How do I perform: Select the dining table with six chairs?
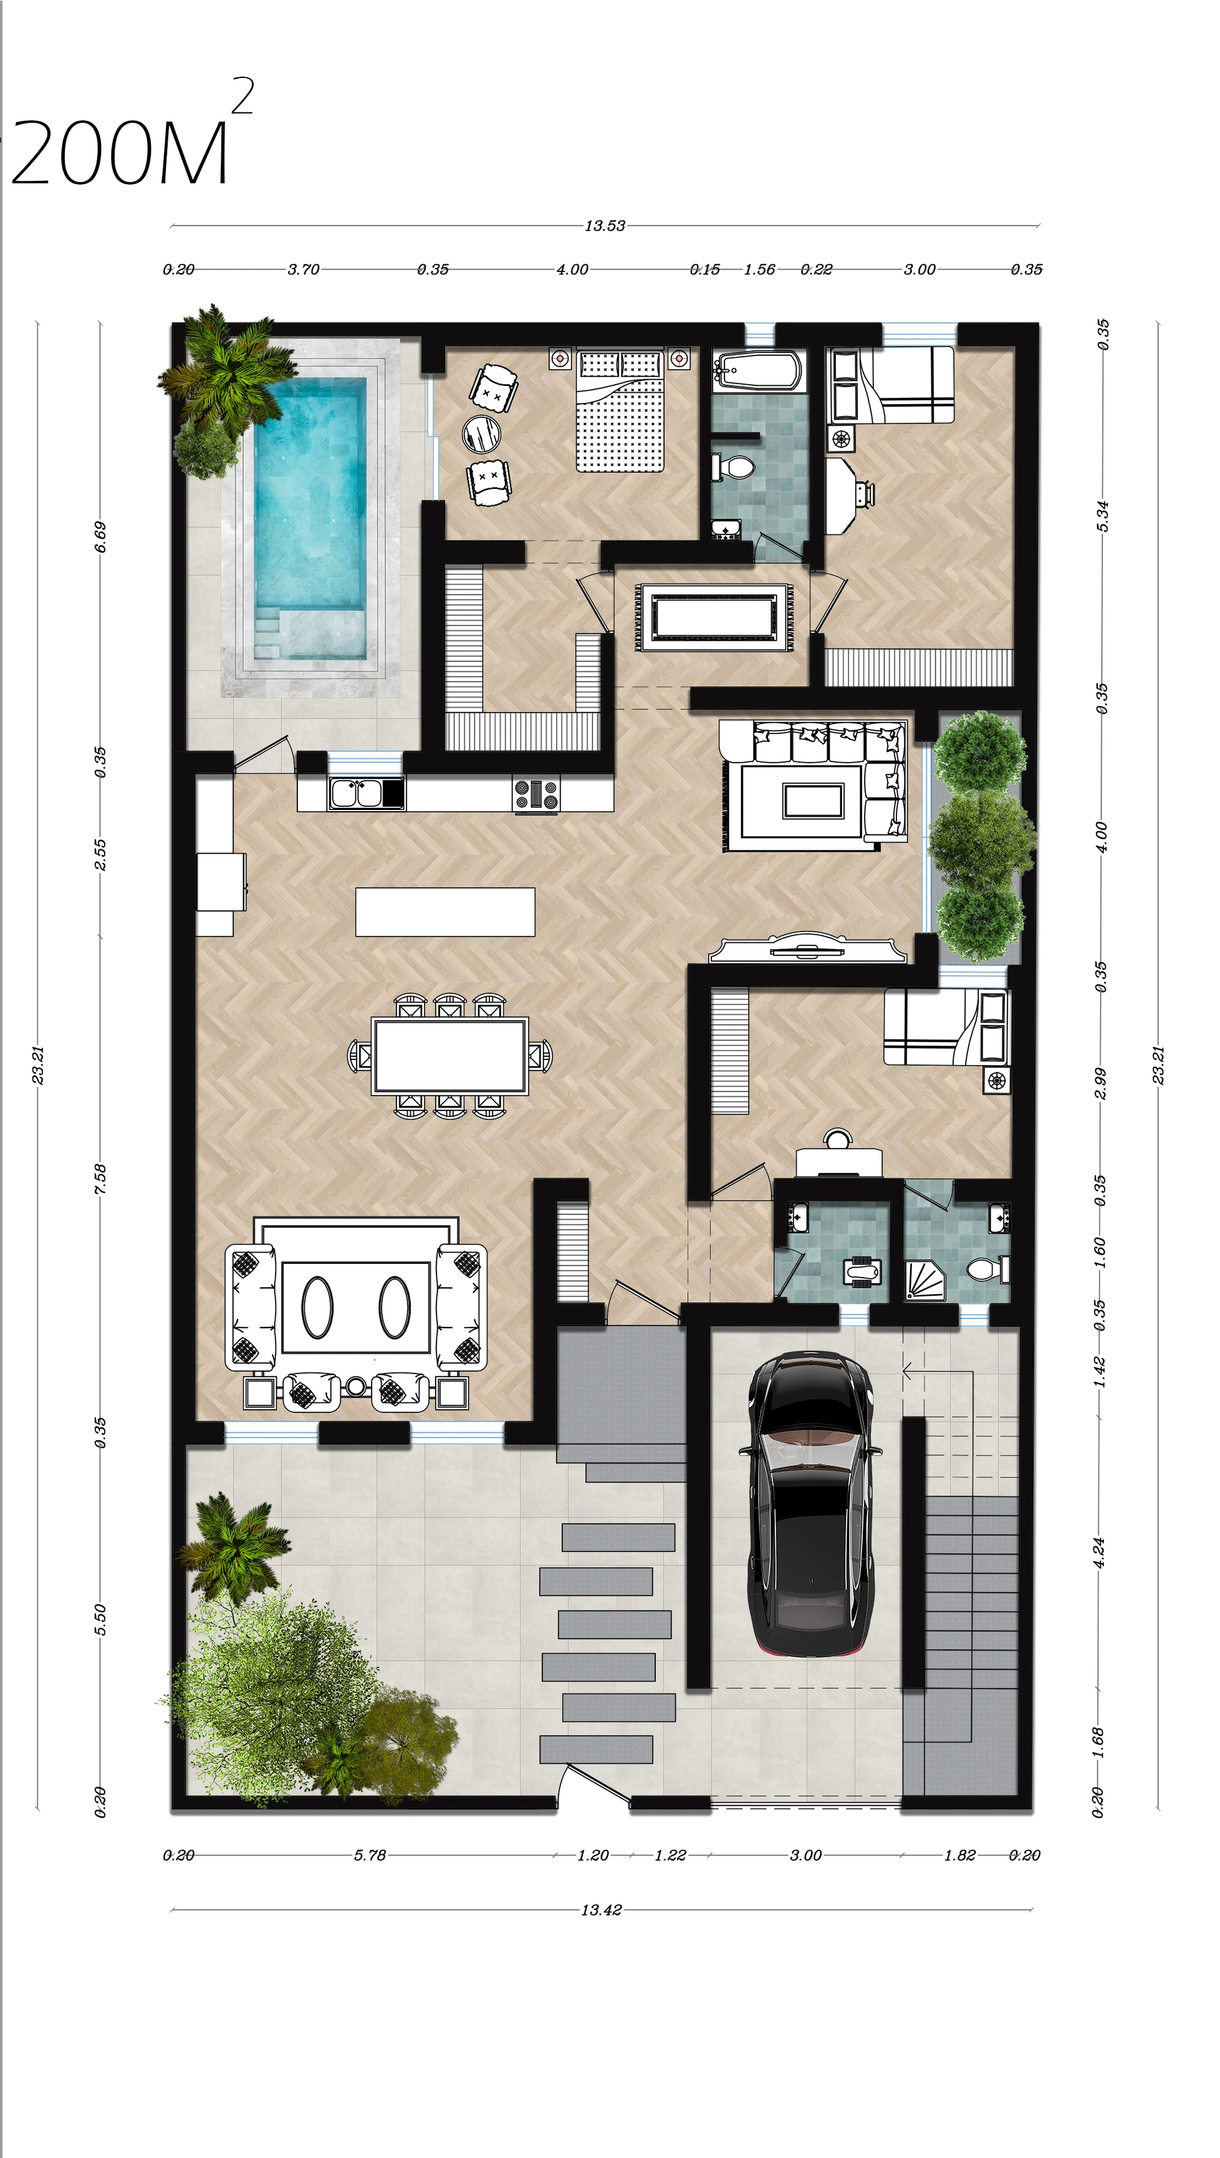coord(450,1056)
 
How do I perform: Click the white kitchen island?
coord(445,912)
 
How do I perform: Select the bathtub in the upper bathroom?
coord(758,370)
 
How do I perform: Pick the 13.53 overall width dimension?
coord(605,226)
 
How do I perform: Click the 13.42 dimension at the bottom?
coord(602,1910)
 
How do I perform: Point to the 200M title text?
coord(120,153)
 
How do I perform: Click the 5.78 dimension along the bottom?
coord(370,1856)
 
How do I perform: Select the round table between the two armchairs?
coord(482,433)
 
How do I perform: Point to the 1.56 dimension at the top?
coord(759,270)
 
